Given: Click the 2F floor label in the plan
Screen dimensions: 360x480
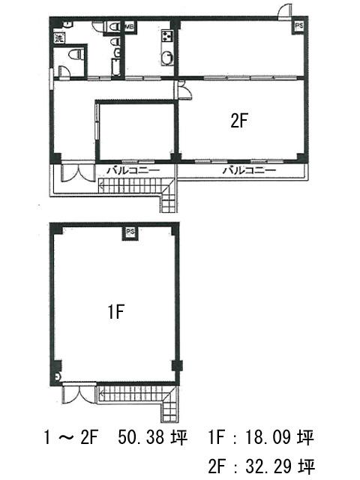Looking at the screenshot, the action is tap(238, 121).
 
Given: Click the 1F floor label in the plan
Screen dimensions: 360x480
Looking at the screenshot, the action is tap(116, 312).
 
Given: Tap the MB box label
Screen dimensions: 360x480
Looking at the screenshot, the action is tap(130, 27).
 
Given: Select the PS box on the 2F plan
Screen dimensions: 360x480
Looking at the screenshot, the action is tap(298, 26).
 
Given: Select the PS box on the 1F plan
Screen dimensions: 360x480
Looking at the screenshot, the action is tap(130, 232).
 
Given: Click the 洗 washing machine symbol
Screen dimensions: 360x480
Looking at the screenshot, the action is tap(58, 38).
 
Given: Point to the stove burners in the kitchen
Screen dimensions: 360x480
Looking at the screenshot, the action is tap(167, 36).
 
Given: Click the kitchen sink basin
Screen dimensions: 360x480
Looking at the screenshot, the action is tap(167, 58).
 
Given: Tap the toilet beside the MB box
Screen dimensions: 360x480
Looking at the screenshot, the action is tap(115, 27).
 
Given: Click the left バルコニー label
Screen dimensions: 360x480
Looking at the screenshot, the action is tap(133, 170).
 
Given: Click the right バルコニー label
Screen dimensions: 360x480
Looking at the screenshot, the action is tap(249, 170).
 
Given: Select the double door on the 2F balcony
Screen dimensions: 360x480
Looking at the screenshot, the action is tap(78, 173).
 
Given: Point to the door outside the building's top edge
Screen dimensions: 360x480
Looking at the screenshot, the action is tap(285, 12).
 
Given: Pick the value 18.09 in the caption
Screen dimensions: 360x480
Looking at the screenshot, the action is tap(268, 437).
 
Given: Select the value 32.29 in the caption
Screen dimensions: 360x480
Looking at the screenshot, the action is tap(268, 466).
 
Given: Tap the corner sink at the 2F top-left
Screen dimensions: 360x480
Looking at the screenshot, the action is tap(67, 24).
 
